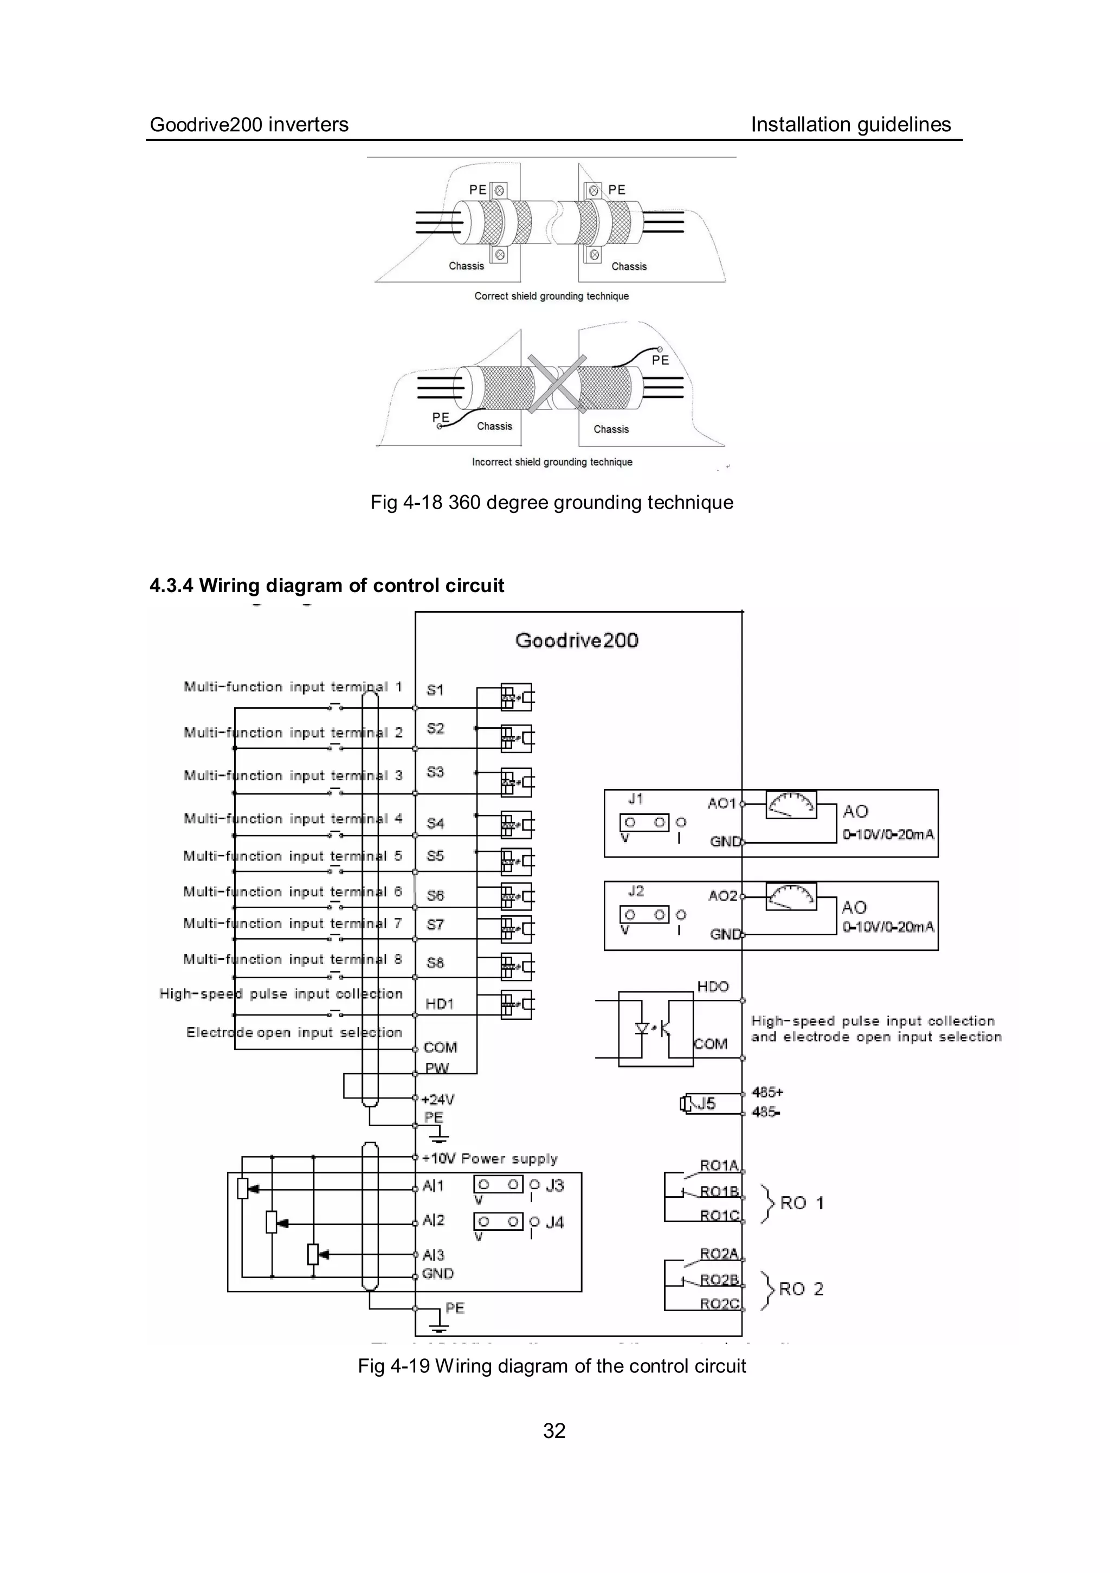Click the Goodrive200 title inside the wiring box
coord(577,640)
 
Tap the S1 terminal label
coord(435,690)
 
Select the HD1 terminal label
coord(439,1004)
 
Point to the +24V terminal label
coord(437,1100)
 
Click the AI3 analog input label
coord(434,1255)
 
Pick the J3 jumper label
coord(554,1185)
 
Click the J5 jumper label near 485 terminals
coord(706,1103)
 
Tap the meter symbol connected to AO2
coord(790,897)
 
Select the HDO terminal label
coord(713,986)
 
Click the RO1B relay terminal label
coord(719,1191)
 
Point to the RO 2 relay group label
coord(801,1289)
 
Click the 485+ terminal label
coord(767,1092)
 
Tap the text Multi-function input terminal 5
coord(292,856)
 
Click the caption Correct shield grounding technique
coord(551,296)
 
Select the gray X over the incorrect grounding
coord(556,384)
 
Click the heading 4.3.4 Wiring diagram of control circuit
coord(327,586)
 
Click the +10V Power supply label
coord(489,1159)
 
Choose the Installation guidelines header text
coord(850,125)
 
